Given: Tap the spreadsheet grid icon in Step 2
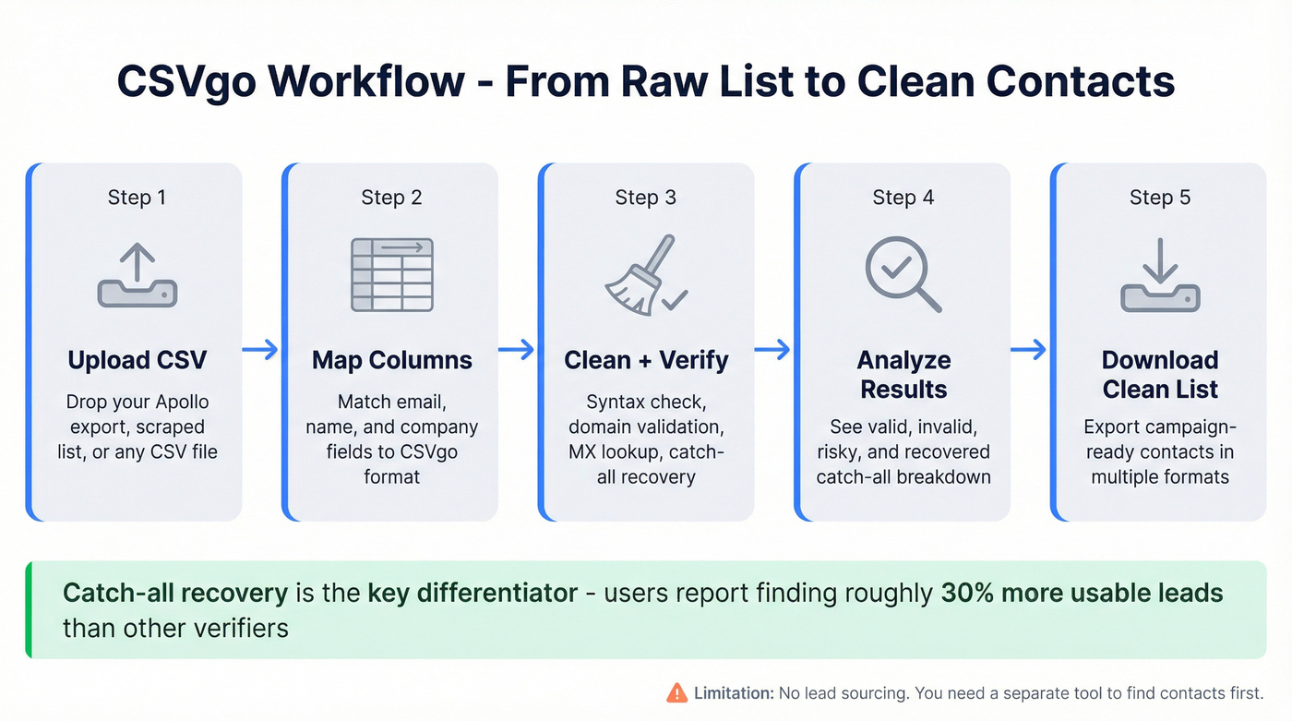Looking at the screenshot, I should pyautogui.click(x=391, y=274).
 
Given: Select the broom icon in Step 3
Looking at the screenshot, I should pyautogui.click(x=645, y=275).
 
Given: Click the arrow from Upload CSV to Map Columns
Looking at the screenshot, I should pyautogui.click(x=260, y=349).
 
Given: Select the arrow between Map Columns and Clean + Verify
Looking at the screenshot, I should pyautogui.click(x=517, y=349).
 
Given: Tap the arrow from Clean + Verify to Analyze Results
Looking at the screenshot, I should pyautogui.click(x=772, y=349).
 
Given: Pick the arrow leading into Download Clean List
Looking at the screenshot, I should pyautogui.click(x=1028, y=349).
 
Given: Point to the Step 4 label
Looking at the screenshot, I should pyautogui.click(x=903, y=198).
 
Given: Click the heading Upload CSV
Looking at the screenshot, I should pyautogui.click(x=137, y=360).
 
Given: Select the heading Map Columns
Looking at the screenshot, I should pyautogui.click(x=391, y=360).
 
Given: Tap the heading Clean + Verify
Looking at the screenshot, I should pyautogui.click(x=646, y=360).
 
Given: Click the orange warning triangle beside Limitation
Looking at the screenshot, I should pyautogui.click(x=676, y=692).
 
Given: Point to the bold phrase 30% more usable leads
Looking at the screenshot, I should pyautogui.click(x=1082, y=593).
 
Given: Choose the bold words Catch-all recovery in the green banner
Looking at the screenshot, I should pyautogui.click(x=175, y=593).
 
